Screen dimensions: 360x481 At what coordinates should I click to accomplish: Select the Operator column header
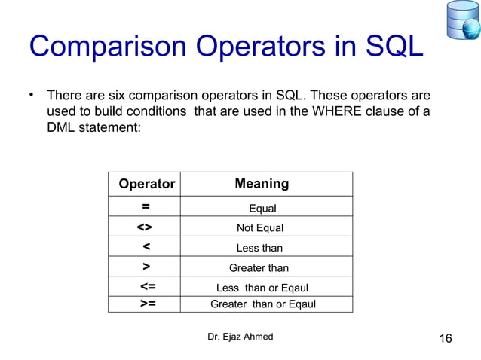tap(147, 185)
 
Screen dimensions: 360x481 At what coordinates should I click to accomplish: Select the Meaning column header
tap(262, 184)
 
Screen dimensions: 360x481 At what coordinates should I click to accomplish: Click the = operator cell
tap(146, 207)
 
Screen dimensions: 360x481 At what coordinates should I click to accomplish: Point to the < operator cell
tap(146, 247)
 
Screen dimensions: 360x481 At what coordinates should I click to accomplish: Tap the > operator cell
tap(146, 267)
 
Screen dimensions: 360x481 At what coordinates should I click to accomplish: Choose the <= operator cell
tap(148, 287)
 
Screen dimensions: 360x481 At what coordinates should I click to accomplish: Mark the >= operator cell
tap(148, 304)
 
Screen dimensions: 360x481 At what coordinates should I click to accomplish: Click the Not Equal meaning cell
tap(260, 228)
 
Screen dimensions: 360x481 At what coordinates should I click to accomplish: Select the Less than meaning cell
tap(259, 248)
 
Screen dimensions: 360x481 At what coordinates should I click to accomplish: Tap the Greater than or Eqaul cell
tap(262, 304)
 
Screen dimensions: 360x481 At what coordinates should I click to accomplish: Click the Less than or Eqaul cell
tap(262, 288)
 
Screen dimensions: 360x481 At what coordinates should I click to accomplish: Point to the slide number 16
tap(445, 338)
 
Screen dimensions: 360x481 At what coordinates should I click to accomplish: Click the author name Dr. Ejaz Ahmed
tap(240, 337)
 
